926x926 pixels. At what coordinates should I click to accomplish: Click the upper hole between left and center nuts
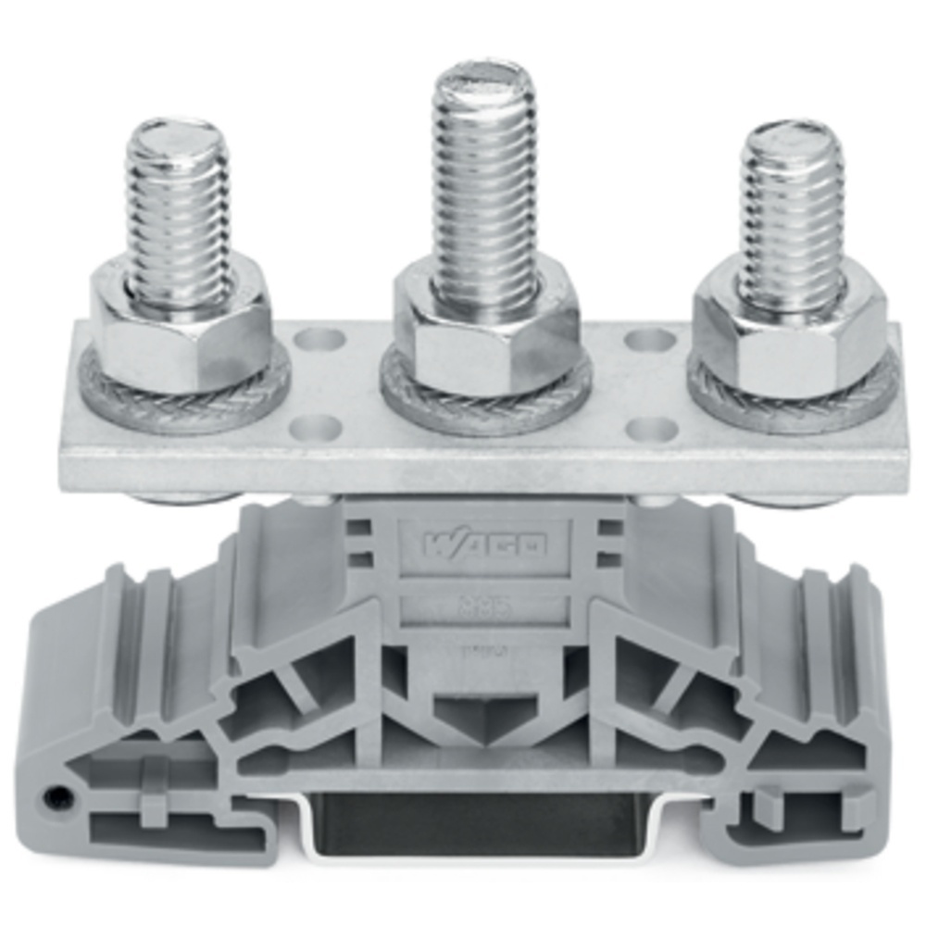point(319,340)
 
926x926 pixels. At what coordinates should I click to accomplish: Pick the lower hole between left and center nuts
point(319,427)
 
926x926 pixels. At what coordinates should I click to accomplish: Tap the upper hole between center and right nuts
point(649,340)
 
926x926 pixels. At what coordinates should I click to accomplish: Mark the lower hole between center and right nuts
point(649,429)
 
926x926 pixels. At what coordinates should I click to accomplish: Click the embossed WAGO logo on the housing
point(484,545)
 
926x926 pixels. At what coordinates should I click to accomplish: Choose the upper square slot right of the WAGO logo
point(609,529)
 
